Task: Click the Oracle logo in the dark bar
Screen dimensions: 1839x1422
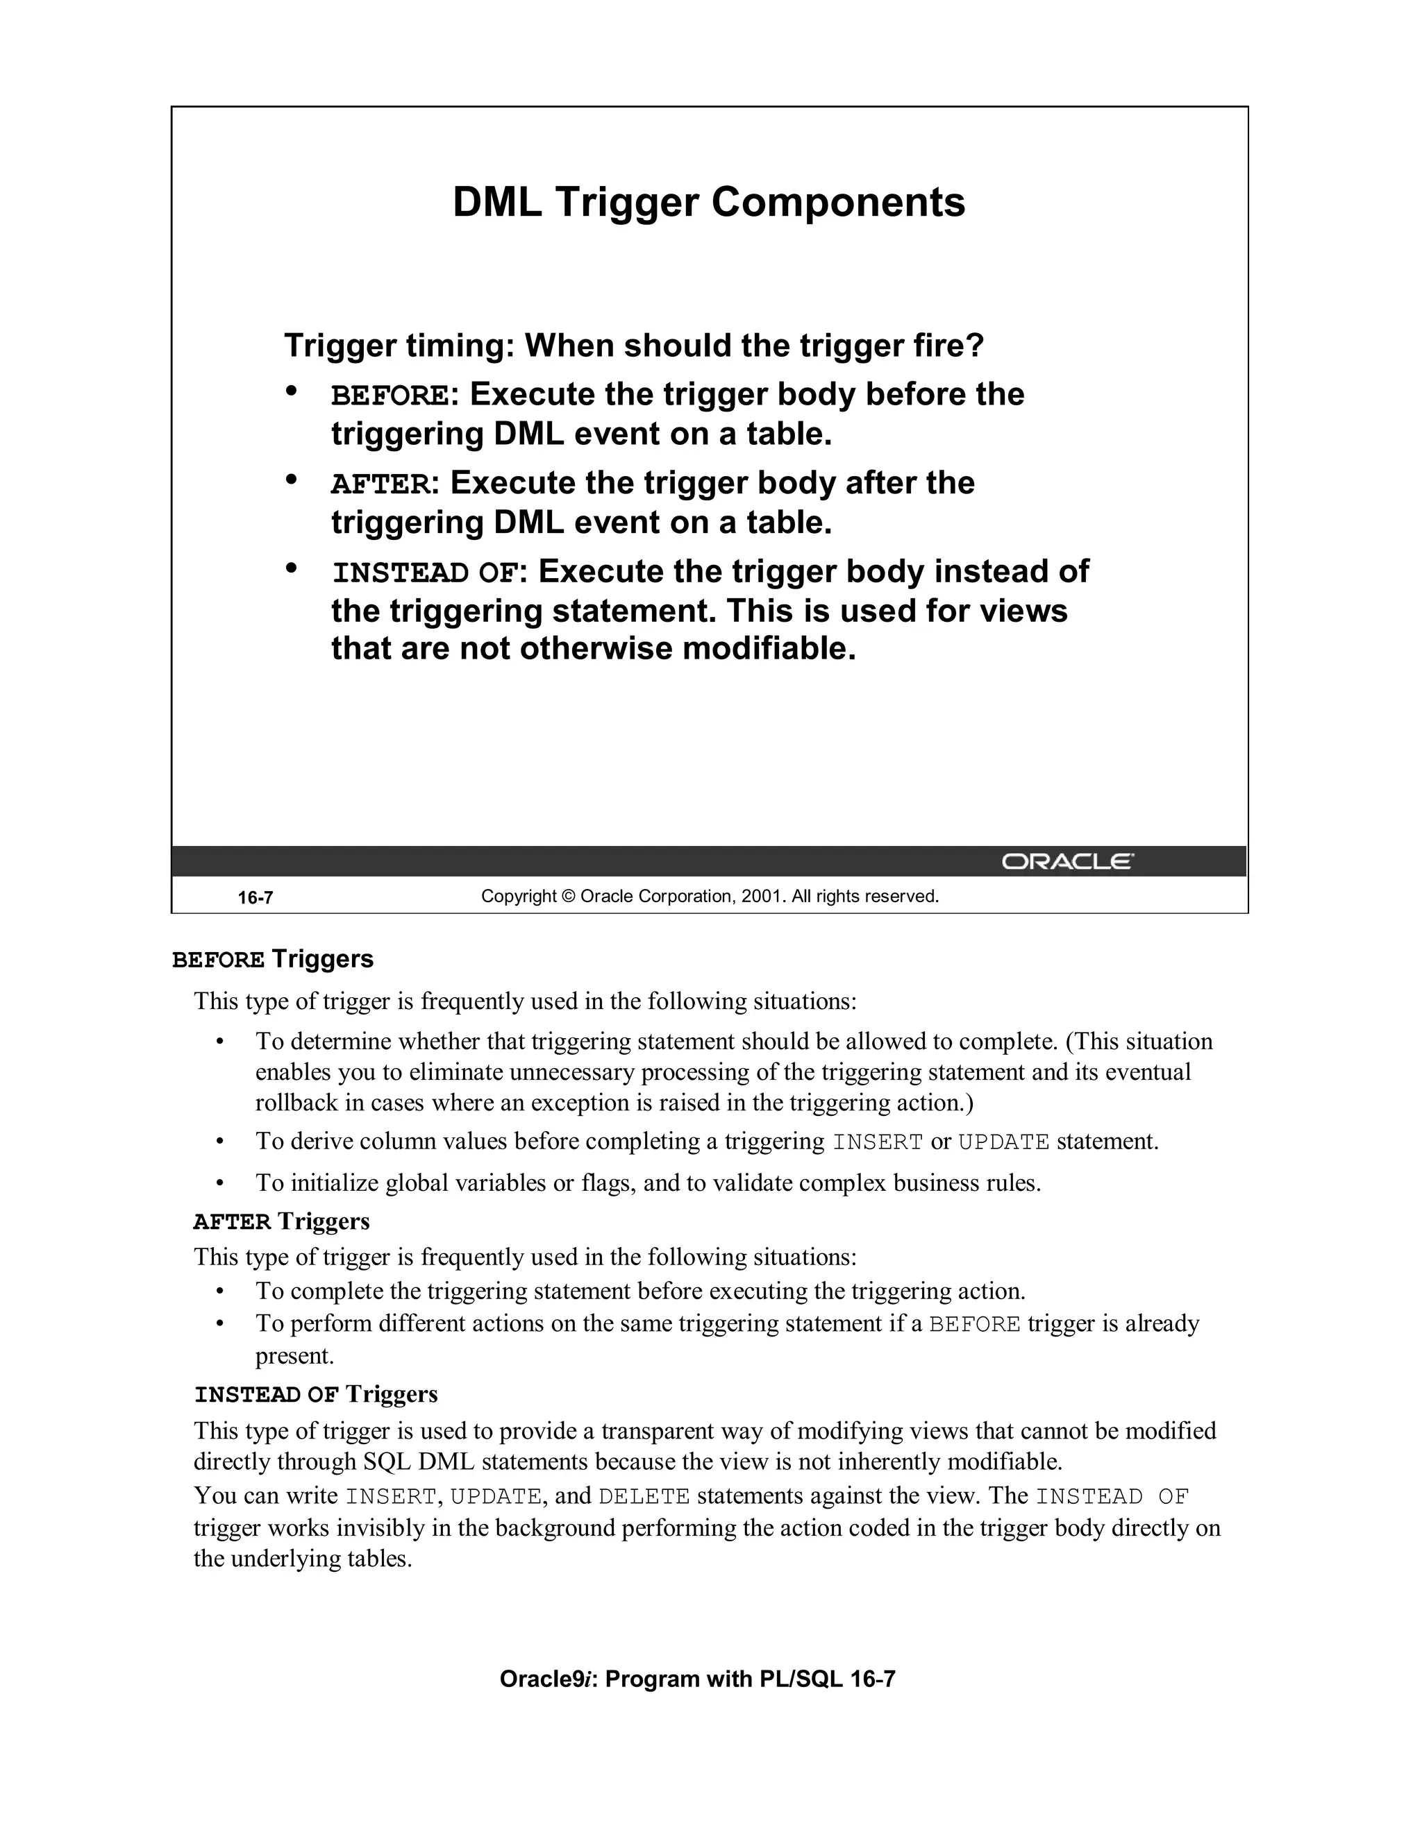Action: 1067,861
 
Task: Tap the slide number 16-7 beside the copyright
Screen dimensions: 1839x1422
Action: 256,897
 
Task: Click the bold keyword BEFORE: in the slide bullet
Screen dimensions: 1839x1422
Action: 394,395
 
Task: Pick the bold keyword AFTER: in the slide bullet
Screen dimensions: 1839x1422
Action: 384,484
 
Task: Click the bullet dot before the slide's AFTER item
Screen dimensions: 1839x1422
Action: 292,480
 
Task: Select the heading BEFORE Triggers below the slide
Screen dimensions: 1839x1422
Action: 273,959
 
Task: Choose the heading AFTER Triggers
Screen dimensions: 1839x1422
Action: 281,1221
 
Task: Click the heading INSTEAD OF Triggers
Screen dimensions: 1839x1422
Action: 316,1393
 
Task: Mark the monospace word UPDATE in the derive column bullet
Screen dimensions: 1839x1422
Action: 1003,1143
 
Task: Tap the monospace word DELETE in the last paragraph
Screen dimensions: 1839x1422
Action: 644,1496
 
